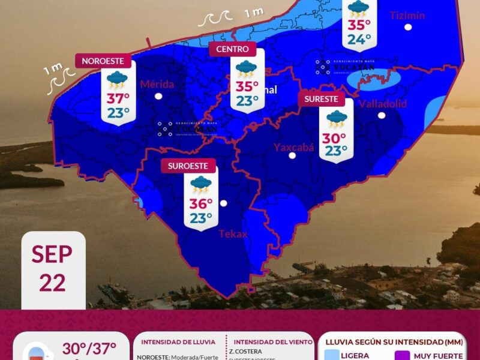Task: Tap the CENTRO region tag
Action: (x=233, y=49)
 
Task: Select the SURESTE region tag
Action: (x=322, y=99)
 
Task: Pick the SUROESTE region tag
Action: (x=188, y=166)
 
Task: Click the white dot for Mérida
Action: (x=158, y=95)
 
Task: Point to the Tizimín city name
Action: (x=407, y=16)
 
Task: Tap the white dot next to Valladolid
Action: (x=382, y=115)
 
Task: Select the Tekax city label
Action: (x=233, y=234)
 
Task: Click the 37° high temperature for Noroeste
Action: (x=118, y=98)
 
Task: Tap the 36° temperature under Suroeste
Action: (x=201, y=203)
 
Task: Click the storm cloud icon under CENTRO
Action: (x=246, y=68)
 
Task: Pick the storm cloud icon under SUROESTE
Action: (x=201, y=184)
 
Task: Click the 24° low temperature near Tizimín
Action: (x=359, y=40)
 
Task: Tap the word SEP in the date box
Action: (x=52, y=254)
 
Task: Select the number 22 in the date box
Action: (x=52, y=282)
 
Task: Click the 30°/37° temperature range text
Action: (x=89, y=349)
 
